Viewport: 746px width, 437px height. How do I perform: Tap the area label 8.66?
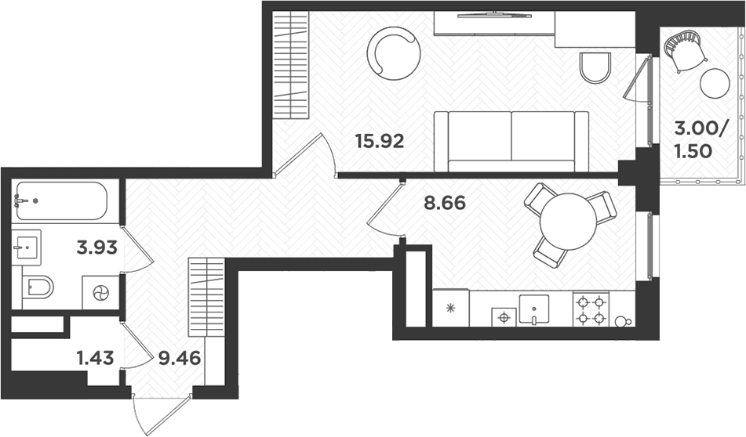coord(445,204)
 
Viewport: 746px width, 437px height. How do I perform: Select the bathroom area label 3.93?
coord(97,248)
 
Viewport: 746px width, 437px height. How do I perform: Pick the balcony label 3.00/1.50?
coord(693,140)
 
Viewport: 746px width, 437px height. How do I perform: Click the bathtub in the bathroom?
coord(60,201)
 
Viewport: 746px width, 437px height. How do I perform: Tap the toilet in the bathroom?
coord(37,287)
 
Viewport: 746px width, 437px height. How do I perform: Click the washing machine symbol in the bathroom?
coord(101,293)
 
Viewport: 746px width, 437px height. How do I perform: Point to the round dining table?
coord(570,222)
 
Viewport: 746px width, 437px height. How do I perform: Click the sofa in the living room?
coord(511,141)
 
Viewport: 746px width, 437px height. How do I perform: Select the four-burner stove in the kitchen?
coord(591,309)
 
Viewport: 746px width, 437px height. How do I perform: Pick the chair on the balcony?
coord(685,49)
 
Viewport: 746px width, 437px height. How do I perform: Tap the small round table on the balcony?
coord(715,83)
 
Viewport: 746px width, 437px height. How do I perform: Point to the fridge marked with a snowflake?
coord(451,308)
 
